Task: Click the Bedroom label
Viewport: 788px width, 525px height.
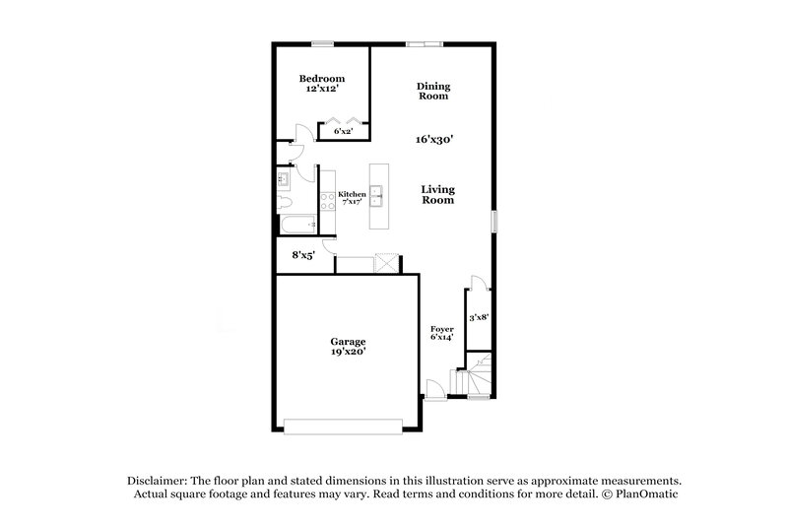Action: [322, 78]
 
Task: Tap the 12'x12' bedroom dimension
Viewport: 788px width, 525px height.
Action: [322, 89]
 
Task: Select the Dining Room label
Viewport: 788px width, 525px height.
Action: [433, 92]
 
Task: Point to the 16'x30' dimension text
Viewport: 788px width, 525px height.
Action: [433, 140]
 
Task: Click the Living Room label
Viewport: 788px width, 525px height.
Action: [438, 194]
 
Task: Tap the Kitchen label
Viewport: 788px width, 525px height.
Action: [352, 194]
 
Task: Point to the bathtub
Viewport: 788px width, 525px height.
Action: [296, 227]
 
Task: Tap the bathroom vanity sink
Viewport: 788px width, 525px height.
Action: [283, 179]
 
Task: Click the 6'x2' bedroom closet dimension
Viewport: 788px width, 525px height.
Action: [343, 131]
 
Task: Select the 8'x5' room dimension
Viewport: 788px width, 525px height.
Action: [303, 255]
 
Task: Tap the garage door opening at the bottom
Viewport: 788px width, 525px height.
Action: [343, 426]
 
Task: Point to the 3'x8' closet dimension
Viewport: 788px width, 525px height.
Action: [479, 317]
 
